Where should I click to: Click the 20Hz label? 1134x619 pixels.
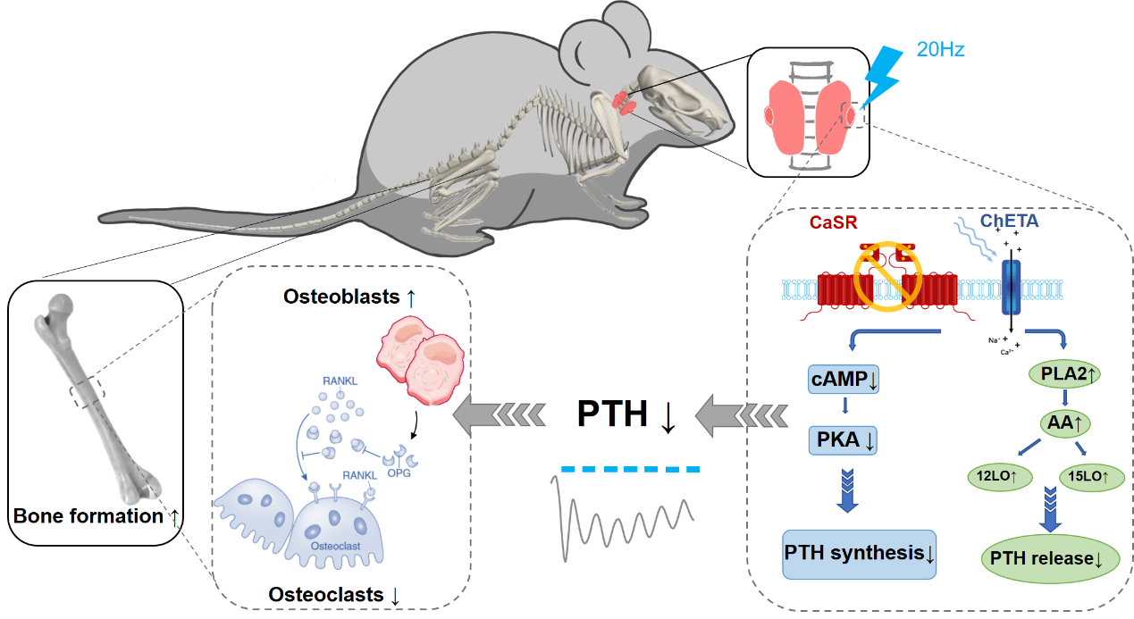coord(940,47)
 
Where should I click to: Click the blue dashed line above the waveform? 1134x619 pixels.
coord(630,468)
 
